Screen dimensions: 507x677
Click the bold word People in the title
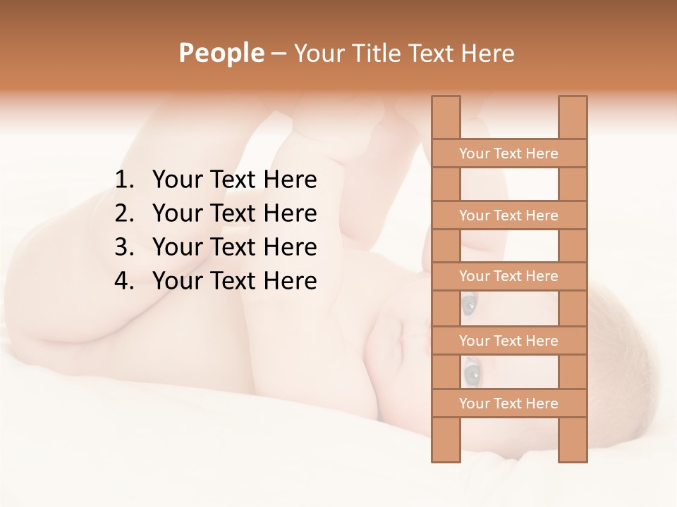[x=220, y=53]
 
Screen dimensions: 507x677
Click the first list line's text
[x=234, y=180]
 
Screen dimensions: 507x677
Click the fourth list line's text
[x=234, y=281]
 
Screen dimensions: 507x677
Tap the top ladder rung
[x=508, y=154]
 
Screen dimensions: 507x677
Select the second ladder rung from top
[x=508, y=215]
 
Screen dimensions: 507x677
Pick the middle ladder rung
[x=508, y=276]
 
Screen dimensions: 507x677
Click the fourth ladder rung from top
[x=508, y=341]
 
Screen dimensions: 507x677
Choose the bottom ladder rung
[x=508, y=403]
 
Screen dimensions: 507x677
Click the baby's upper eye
[x=469, y=304]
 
